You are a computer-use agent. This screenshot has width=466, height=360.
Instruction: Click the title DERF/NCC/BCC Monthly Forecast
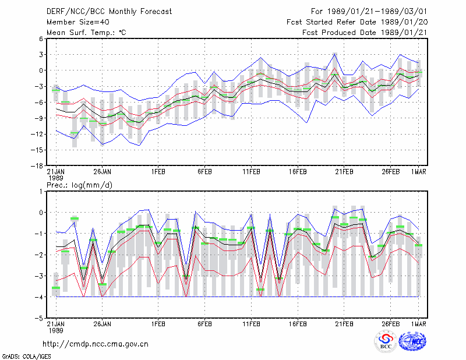point(109,12)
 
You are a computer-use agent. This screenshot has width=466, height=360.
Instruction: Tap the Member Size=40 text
point(78,22)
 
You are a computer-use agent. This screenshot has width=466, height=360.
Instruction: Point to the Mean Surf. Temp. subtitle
point(86,33)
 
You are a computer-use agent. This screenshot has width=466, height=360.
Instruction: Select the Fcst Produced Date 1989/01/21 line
point(365,33)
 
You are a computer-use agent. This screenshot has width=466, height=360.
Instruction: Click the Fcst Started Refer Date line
point(357,22)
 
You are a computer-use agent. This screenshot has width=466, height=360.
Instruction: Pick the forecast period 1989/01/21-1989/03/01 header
point(369,12)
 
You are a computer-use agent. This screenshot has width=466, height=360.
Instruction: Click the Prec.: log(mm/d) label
point(79,185)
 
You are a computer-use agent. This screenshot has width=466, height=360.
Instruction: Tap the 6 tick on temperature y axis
point(41,38)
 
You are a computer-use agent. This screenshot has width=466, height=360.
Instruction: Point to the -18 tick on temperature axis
point(37,166)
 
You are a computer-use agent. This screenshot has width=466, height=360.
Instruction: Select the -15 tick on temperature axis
point(37,150)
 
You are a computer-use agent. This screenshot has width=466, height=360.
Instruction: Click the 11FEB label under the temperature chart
point(252,172)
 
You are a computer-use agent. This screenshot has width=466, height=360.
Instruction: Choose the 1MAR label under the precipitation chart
point(419,324)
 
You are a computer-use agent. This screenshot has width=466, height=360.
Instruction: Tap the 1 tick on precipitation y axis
point(41,192)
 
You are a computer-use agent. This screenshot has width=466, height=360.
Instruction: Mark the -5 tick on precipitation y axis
point(39,318)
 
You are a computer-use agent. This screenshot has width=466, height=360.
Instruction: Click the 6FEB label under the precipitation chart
point(205,324)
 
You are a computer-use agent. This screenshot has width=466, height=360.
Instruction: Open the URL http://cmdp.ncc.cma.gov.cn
point(96,344)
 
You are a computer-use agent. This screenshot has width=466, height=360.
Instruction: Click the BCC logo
point(386,342)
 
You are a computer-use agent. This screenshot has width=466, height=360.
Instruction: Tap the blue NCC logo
point(412,342)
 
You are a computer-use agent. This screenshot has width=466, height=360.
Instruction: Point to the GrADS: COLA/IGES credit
point(26,357)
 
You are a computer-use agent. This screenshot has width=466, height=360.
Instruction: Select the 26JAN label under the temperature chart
point(103,172)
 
